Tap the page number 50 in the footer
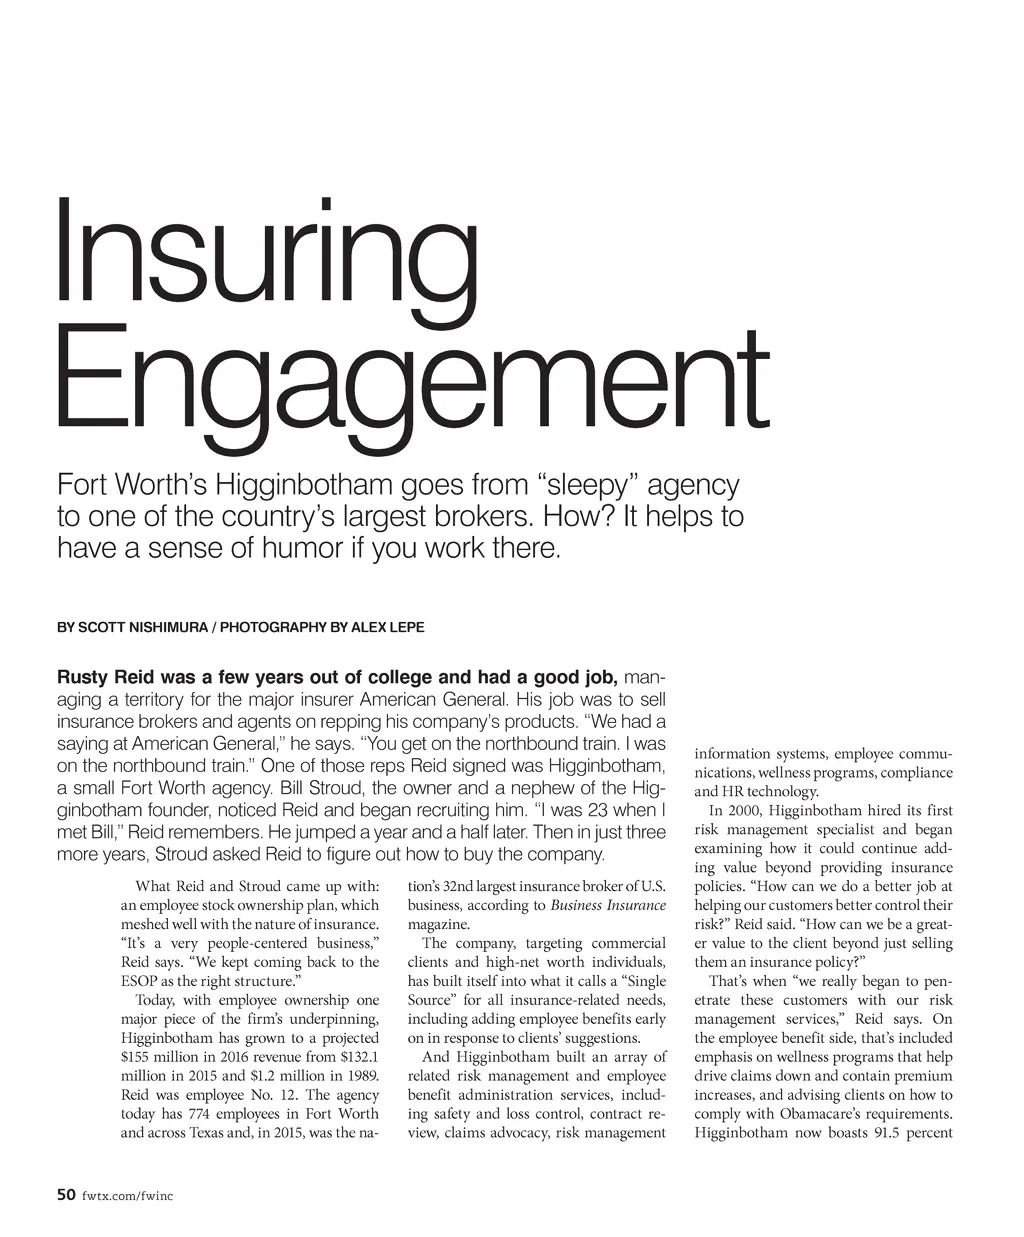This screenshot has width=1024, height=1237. click(x=66, y=1194)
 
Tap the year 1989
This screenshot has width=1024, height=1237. click(x=360, y=1076)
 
